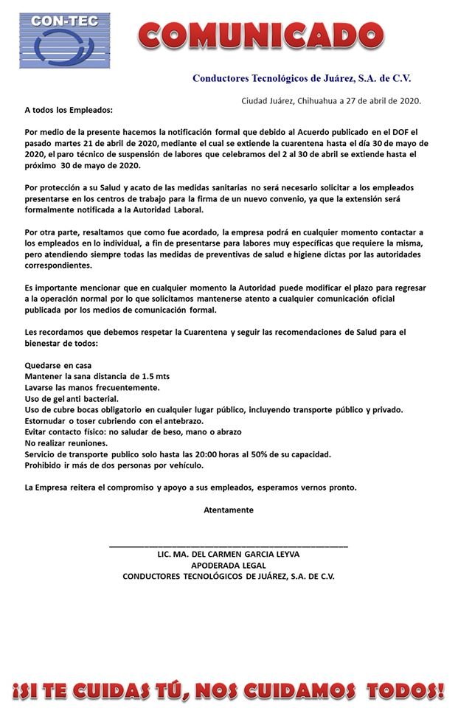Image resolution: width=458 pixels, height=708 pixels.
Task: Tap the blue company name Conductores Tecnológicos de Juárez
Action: coord(302,78)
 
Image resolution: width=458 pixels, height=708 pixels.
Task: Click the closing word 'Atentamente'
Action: coord(229,510)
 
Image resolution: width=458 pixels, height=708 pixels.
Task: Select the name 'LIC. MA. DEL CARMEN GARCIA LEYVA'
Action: coord(229,555)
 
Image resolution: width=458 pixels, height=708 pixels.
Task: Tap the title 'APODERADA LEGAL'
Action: coord(229,566)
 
